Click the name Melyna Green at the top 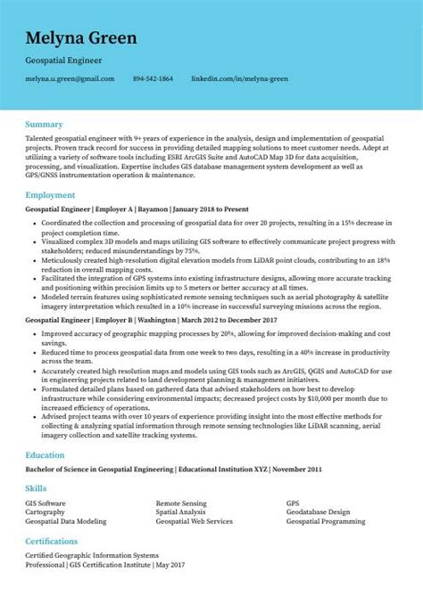click(x=81, y=38)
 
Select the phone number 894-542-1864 click(x=153, y=79)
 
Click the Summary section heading click(x=44, y=123)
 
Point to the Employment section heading click(x=50, y=193)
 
